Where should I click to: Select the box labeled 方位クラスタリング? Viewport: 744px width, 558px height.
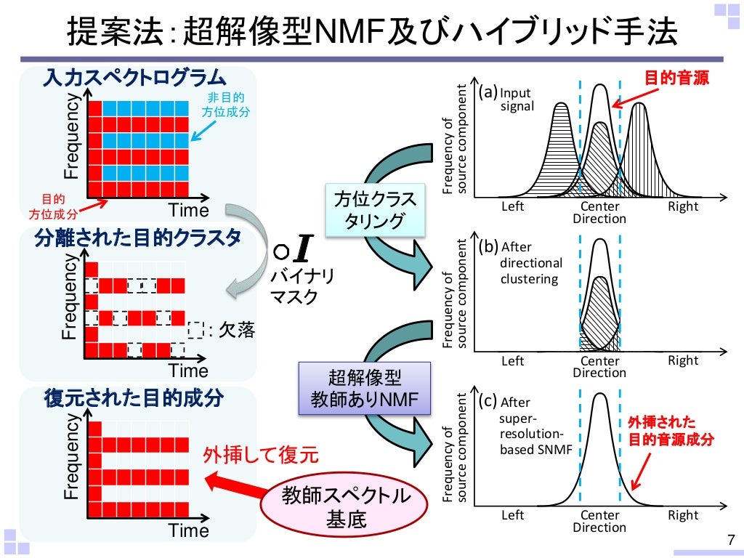point(375,210)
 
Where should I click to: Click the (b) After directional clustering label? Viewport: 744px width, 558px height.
point(522,262)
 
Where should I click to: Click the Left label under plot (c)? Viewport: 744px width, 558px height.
point(513,515)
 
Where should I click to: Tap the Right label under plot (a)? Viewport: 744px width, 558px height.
point(683,206)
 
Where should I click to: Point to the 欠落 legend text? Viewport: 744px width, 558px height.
point(237,330)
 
